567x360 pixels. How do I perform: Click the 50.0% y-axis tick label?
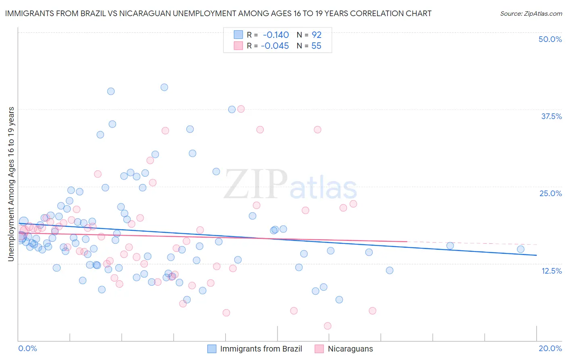point(550,39)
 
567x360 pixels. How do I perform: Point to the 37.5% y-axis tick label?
point(551,116)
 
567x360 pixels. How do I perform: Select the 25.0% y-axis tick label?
point(550,193)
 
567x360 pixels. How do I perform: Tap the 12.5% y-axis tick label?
point(551,271)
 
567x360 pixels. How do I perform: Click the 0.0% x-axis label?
point(28,348)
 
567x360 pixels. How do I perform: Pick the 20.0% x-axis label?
point(550,348)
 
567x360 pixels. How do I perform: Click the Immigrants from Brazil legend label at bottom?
point(261,349)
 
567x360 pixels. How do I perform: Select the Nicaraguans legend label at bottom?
point(350,349)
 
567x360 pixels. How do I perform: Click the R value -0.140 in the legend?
point(275,35)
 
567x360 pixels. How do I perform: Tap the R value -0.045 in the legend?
point(275,46)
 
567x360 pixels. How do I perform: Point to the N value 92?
point(317,35)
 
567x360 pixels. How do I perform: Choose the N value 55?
point(317,46)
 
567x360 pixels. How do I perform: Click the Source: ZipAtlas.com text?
point(531,14)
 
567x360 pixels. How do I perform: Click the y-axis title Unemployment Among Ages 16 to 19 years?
point(11,184)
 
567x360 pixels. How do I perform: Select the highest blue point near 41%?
point(164,87)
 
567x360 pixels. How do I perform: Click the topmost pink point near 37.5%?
point(241,109)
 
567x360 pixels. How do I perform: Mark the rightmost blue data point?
point(521,249)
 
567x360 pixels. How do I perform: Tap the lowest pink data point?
point(327,326)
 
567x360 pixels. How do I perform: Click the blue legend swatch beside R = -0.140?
point(238,35)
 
